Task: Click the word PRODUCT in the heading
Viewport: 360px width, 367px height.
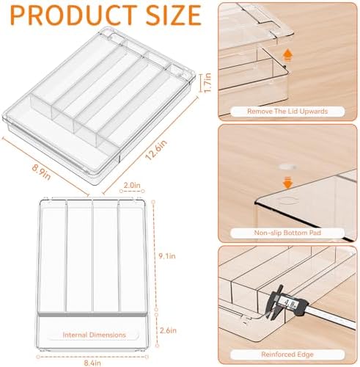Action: (x=74, y=15)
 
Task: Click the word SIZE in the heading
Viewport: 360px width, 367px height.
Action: (x=174, y=15)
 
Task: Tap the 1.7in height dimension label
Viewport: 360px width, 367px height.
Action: (x=207, y=83)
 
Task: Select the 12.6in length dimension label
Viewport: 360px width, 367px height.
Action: (x=156, y=150)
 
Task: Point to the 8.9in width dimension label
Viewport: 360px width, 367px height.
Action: (x=41, y=172)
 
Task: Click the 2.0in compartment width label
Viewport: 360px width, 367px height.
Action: (x=132, y=185)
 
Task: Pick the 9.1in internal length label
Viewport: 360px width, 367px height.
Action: (x=167, y=256)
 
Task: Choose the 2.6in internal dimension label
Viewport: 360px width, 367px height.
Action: (x=168, y=330)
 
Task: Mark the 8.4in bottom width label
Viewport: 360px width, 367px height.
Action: (x=92, y=363)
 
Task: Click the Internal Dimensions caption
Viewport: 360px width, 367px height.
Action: (x=94, y=335)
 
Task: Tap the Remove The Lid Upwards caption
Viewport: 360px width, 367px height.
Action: (x=287, y=112)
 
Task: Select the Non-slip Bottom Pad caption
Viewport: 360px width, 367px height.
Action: (x=287, y=233)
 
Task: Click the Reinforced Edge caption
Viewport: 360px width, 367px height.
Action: (x=287, y=355)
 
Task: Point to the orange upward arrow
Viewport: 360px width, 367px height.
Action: (x=287, y=55)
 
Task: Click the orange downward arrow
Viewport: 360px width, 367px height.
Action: (x=288, y=183)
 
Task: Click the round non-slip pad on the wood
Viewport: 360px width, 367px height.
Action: (x=287, y=167)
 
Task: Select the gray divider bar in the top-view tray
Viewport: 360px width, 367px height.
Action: (x=92, y=314)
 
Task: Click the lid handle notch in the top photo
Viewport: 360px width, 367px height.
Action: (x=266, y=26)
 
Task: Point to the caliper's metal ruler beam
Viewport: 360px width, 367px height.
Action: (x=330, y=318)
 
